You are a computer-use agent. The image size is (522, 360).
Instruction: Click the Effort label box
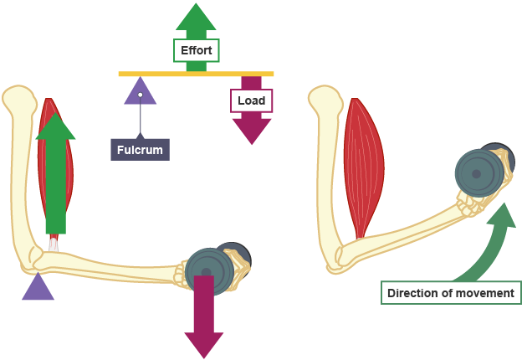click(196, 51)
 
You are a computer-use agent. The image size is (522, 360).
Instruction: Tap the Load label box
click(251, 100)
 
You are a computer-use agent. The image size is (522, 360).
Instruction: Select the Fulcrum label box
click(140, 150)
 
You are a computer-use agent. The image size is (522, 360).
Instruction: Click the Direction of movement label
click(451, 294)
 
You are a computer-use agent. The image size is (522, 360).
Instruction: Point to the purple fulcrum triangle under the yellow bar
click(140, 91)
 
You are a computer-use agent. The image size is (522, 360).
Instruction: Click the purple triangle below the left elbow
click(38, 288)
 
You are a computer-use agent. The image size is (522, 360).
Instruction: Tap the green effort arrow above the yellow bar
click(196, 21)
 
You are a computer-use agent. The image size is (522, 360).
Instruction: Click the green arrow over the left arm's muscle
click(56, 167)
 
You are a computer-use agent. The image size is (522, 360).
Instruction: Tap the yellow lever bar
click(196, 74)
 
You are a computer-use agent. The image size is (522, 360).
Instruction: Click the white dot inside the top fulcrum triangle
click(141, 95)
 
